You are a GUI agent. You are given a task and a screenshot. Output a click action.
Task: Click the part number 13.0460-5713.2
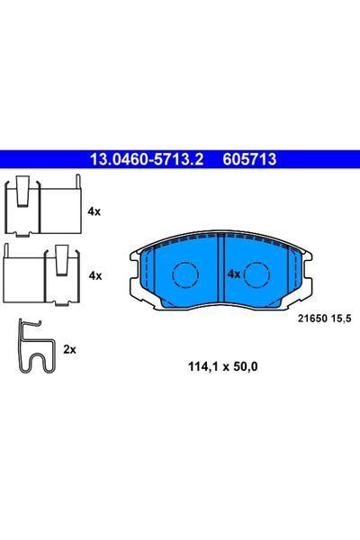click(x=145, y=159)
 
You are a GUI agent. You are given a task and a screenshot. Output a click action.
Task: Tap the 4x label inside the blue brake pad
click(x=233, y=273)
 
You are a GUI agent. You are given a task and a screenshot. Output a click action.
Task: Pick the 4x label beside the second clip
click(x=94, y=275)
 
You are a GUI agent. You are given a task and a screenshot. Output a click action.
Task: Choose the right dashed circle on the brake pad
click(x=257, y=273)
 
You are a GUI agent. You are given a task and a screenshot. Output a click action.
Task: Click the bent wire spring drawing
click(x=34, y=348)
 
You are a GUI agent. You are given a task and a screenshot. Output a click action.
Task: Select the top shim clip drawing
click(x=43, y=209)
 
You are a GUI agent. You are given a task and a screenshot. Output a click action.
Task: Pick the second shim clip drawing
click(x=43, y=274)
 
